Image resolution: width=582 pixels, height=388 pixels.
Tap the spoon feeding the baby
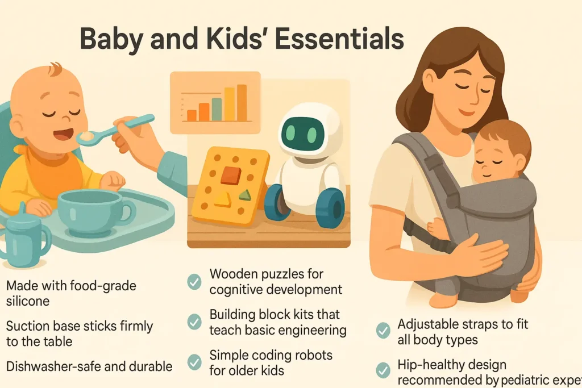pos(122,127)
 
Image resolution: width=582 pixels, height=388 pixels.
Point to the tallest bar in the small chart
pos(242,103)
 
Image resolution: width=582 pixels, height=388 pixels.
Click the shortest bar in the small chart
pos(192,115)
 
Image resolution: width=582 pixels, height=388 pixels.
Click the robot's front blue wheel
pos(330,207)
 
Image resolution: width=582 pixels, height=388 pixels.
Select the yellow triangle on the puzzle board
pos(222,199)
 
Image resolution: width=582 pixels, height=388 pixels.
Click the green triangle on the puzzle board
pos(245,195)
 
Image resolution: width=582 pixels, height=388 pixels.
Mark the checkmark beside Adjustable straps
pos(384,329)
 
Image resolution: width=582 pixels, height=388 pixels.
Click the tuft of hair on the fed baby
pos(55,69)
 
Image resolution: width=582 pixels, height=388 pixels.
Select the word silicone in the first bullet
pos(28,301)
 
